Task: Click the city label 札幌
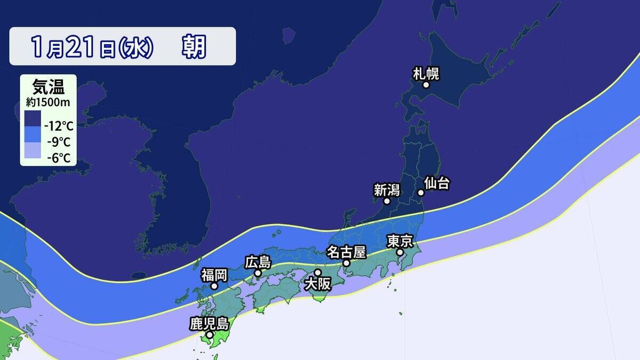(426, 73)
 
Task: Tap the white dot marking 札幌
(426, 85)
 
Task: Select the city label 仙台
(437, 183)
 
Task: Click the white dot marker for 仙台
(420, 193)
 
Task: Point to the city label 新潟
(386, 189)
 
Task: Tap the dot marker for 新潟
(387, 201)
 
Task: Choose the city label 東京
(400, 241)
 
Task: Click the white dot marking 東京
(399, 252)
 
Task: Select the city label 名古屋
(346, 251)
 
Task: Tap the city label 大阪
(317, 284)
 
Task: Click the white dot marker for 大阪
(318, 273)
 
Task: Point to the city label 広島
(258, 262)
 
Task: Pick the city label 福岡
(214, 275)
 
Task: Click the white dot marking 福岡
(214, 286)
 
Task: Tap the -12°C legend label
(59, 127)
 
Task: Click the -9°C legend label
(59, 142)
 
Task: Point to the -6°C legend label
(59, 158)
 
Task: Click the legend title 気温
(47, 86)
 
